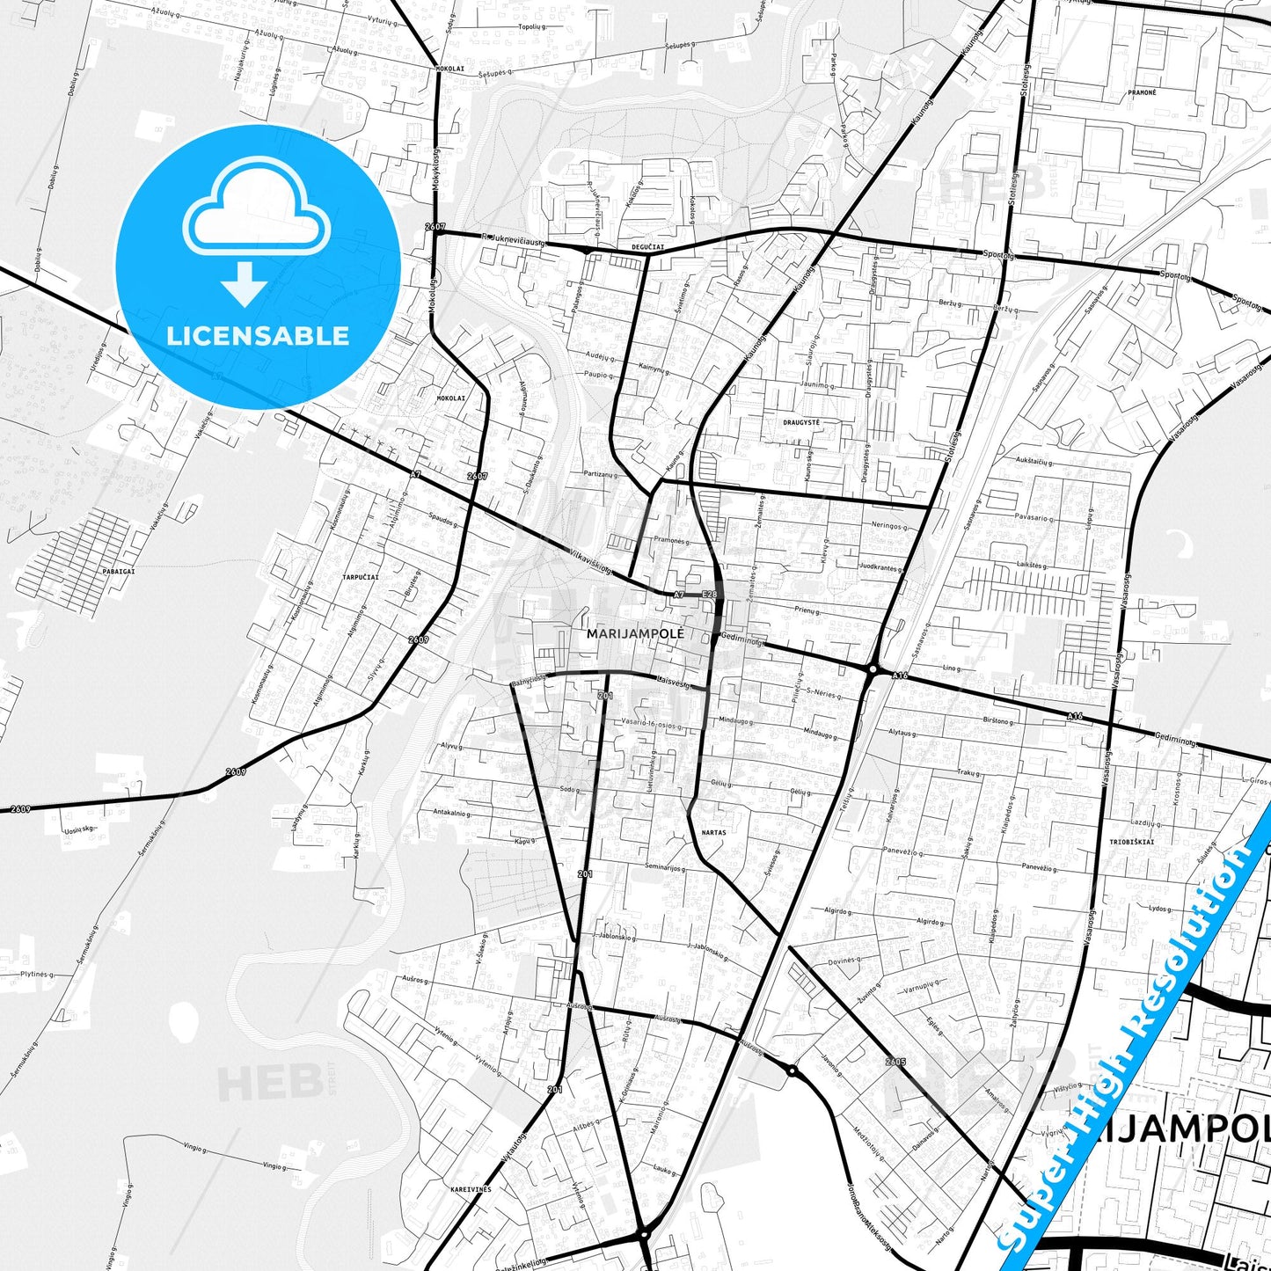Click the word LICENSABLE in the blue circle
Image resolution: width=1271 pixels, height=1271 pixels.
(x=258, y=335)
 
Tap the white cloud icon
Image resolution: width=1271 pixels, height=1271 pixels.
(x=257, y=215)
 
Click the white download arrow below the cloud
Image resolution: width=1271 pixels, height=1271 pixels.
(x=245, y=284)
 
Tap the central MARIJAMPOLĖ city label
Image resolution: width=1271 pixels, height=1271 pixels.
(x=634, y=632)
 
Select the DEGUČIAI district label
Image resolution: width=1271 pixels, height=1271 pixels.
(x=647, y=248)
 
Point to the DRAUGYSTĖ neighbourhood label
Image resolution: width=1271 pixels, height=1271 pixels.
(x=800, y=422)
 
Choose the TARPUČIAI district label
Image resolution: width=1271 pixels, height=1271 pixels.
(x=361, y=577)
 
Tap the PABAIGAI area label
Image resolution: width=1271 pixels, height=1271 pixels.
(x=119, y=571)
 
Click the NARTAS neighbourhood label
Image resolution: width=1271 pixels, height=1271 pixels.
(x=713, y=832)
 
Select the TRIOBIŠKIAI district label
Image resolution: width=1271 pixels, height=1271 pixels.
(x=1131, y=842)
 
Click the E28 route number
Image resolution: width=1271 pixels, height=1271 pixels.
(x=710, y=595)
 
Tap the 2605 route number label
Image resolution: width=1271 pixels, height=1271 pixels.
(x=895, y=1062)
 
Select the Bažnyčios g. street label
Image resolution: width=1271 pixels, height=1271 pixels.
(x=529, y=680)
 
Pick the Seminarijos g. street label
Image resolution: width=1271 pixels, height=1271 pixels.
(x=665, y=867)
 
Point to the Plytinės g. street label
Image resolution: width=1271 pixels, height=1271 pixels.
(x=37, y=975)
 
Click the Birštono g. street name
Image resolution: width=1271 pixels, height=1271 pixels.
(x=997, y=721)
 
